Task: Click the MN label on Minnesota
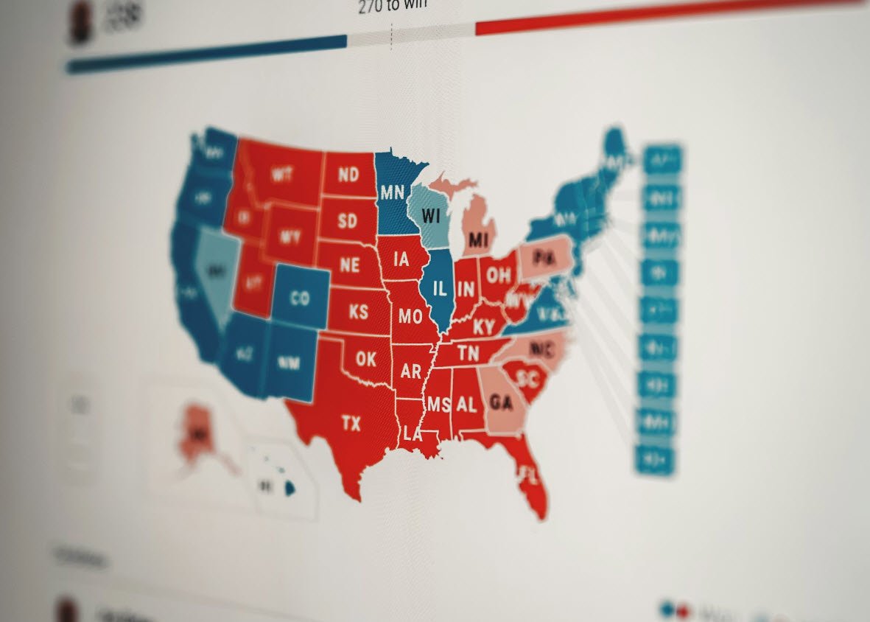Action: [393, 192]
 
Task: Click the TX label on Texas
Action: [351, 423]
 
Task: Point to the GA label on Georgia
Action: [501, 402]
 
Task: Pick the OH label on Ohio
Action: [498, 276]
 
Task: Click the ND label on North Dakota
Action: [348, 175]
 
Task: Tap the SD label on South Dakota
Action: [347, 220]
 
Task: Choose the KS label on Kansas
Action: [358, 311]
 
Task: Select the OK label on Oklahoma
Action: [366, 359]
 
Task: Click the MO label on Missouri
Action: [410, 316]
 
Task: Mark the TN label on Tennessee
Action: [468, 353]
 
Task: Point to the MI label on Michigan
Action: [479, 240]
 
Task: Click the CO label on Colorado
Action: [300, 298]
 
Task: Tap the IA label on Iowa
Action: [401, 259]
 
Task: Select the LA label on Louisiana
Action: [413, 435]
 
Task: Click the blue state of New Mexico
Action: [289, 363]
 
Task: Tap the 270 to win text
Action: [393, 7]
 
